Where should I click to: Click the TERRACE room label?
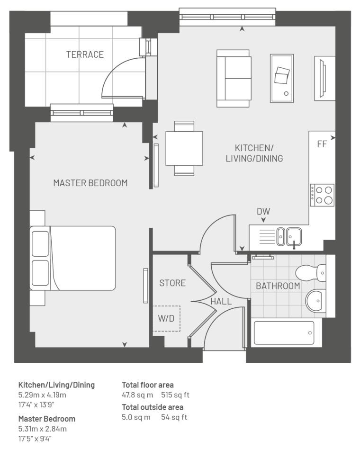click(85, 54)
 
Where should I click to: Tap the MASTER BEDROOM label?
click(90, 183)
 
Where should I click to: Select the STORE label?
click(172, 283)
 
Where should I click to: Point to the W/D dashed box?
click(166, 318)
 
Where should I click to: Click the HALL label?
click(221, 301)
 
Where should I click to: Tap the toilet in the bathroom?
click(310, 273)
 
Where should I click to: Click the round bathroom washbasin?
click(315, 300)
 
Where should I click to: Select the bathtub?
click(284, 333)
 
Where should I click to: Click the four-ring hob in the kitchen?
click(322, 195)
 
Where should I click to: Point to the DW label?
click(263, 211)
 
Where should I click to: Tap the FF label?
click(322, 144)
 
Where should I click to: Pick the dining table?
click(184, 148)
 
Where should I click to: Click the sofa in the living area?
click(234, 79)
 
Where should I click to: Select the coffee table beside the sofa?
click(282, 78)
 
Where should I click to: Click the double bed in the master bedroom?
click(73, 258)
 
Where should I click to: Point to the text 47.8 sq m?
click(137, 395)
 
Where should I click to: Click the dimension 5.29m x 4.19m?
click(42, 395)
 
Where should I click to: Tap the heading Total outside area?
click(153, 407)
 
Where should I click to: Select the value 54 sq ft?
click(174, 417)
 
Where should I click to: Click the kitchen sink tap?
click(294, 245)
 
